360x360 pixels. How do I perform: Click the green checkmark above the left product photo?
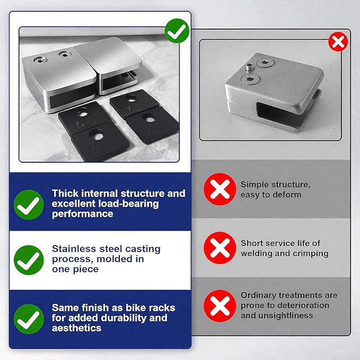point(177,31)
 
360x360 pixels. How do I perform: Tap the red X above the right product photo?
point(338,41)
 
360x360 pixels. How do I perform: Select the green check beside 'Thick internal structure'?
point(29,205)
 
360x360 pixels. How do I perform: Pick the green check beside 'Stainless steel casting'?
point(29,260)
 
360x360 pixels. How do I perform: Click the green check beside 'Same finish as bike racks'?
point(29,319)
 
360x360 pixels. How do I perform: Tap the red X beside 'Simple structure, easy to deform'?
point(220,189)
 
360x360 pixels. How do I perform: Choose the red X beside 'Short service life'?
point(220,248)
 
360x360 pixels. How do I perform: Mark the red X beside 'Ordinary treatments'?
point(220,306)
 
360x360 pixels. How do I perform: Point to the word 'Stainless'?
point(74,249)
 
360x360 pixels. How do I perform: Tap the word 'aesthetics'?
point(77,328)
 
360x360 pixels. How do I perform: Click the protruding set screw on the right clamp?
point(249,68)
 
